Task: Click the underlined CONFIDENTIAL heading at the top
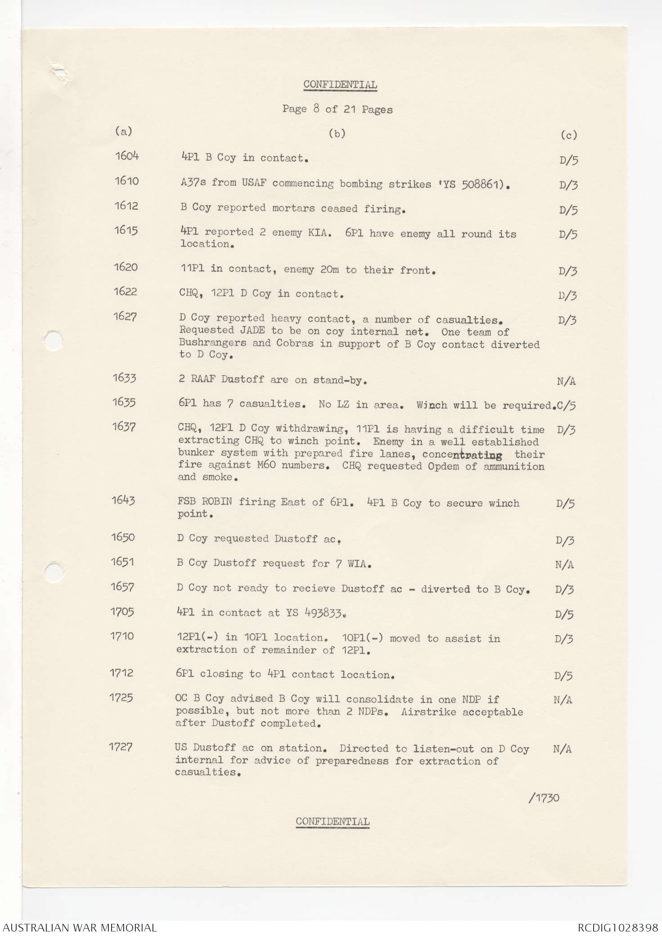[340, 85]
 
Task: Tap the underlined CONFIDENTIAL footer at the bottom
[332, 821]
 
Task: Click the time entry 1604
[127, 156]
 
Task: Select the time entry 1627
[125, 317]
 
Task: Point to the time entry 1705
[122, 612]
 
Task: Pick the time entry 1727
[121, 747]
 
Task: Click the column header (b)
[337, 133]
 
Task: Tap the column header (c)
[569, 135]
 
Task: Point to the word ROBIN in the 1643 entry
[217, 502]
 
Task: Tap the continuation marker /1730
[544, 798]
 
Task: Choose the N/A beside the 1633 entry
[566, 381]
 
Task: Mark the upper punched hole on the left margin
[54, 339]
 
